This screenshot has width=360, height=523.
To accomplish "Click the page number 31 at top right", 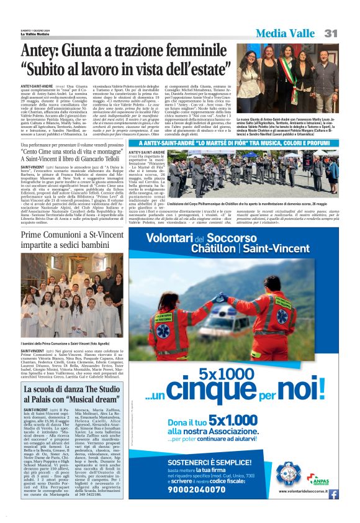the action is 329,34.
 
